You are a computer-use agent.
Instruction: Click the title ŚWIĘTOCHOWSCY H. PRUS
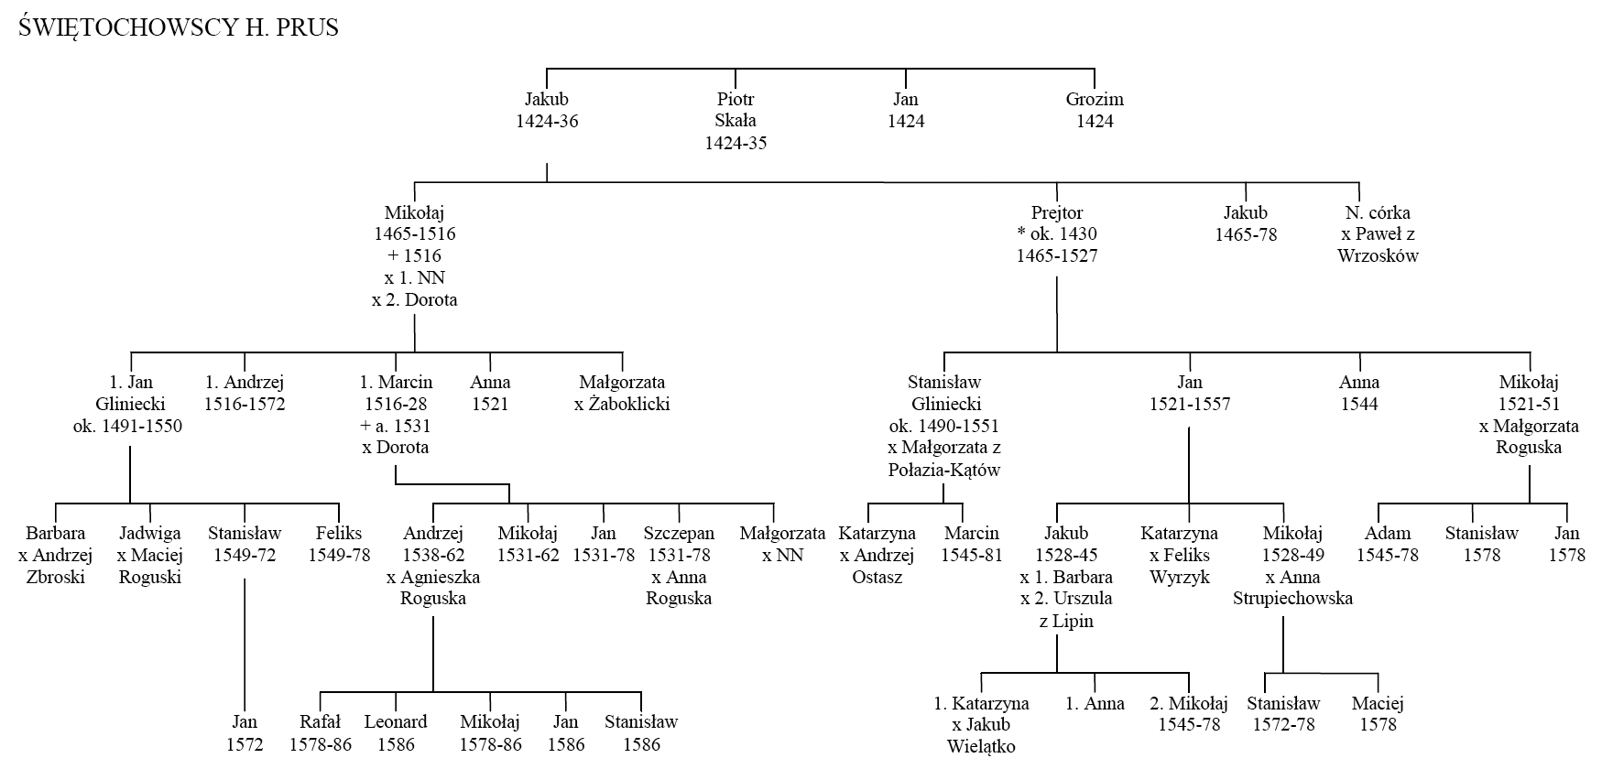[x=179, y=27]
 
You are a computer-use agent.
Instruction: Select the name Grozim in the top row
[x=1095, y=99]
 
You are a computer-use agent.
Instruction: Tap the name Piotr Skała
[x=736, y=110]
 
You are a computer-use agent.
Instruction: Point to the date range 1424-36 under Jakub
[x=547, y=121]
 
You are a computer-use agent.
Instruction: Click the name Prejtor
[x=1057, y=212]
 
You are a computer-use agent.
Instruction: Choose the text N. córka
[x=1378, y=212]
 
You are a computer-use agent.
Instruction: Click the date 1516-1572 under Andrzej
[x=245, y=404]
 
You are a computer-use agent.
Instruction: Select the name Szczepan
[x=679, y=533]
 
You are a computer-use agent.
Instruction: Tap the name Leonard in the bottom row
[x=396, y=722]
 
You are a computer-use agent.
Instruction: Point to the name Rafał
[x=321, y=722]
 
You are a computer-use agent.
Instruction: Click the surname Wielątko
[x=982, y=746]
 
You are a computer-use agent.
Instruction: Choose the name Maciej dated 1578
[x=1378, y=703]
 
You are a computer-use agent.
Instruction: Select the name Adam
[x=1388, y=533]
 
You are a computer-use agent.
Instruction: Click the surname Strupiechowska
[x=1292, y=599]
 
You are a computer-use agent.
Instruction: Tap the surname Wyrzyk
[x=1180, y=577]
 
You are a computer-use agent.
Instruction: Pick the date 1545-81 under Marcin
[x=972, y=555]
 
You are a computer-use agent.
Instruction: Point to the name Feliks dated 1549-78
[x=339, y=533]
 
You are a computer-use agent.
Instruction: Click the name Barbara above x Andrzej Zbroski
[x=56, y=533]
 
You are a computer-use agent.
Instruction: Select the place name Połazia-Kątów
[x=944, y=471]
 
